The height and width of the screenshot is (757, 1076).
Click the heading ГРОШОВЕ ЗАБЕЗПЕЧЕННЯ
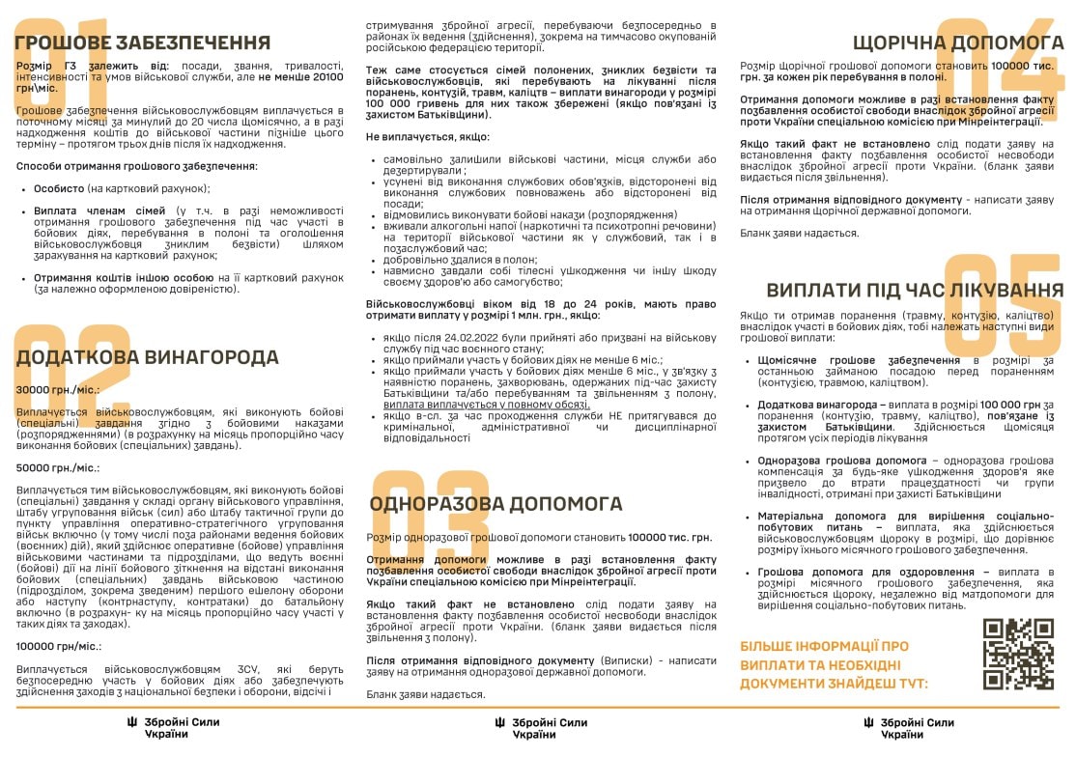143,42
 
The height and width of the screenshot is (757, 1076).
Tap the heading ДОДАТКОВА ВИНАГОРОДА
147,357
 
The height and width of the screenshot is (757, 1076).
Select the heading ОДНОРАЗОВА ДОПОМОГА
496,503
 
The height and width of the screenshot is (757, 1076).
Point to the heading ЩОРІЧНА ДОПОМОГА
958,42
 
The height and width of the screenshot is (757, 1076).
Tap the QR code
1019,654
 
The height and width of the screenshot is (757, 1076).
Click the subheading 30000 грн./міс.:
57,390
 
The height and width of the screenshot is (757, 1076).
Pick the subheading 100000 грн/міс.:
59,645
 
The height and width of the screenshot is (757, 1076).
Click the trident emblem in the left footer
131,723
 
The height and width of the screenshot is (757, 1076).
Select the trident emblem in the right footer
867,723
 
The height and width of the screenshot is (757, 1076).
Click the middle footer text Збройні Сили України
548,728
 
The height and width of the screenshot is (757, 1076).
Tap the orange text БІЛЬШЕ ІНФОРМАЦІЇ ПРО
824,646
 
